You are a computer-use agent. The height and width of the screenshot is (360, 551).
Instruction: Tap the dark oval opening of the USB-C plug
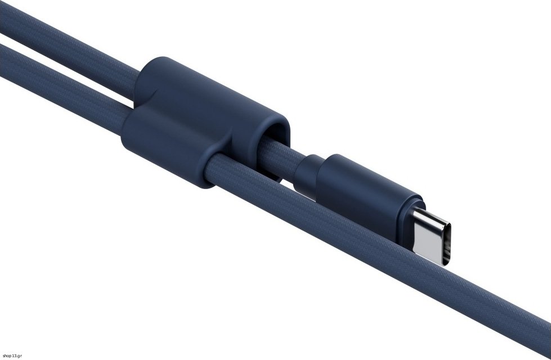[x=446, y=244]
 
